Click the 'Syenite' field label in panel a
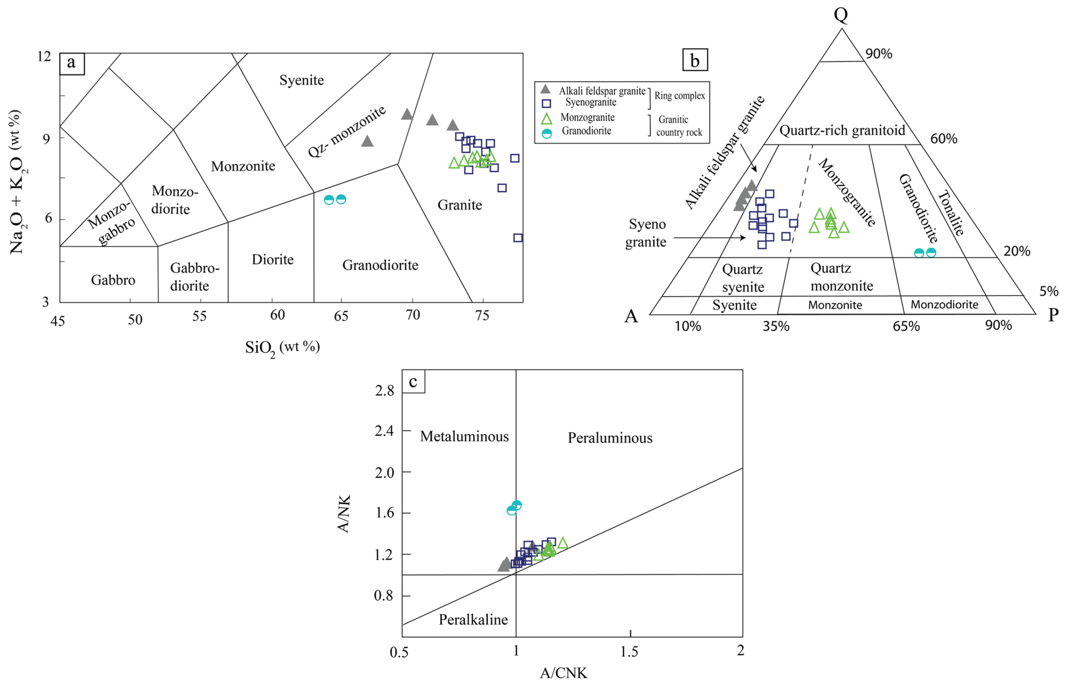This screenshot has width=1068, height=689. [x=302, y=80]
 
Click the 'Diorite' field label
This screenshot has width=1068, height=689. [x=272, y=260]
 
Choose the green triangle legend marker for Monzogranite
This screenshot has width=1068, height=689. [x=546, y=118]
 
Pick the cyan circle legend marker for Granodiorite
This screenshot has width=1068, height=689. [x=546, y=133]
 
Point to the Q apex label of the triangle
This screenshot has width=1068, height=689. [x=841, y=15]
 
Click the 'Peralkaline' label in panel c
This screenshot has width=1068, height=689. [x=473, y=620]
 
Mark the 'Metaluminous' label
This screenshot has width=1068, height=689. [x=464, y=436]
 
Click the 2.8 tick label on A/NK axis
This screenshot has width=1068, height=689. [x=384, y=391]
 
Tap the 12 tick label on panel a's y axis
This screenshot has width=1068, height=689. [x=44, y=57]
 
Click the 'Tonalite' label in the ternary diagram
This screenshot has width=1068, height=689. [x=950, y=213]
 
